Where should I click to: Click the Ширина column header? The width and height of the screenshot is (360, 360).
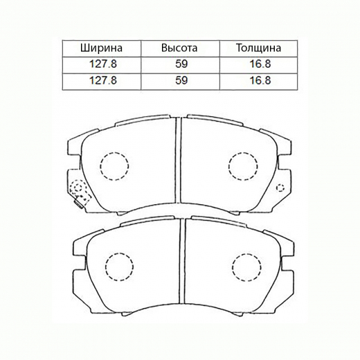(x=102, y=48)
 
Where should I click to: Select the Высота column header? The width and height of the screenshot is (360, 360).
(x=179, y=48)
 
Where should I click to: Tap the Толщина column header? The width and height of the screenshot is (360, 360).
(x=258, y=48)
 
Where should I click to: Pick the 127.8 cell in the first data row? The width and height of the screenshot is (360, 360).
(x=102, y=64)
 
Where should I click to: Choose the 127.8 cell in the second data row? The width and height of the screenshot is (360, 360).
(x=102, y=80)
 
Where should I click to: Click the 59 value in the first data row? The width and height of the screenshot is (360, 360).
(x=179, y=64)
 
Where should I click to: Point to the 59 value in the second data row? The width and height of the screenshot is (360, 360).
(x=179, y=80)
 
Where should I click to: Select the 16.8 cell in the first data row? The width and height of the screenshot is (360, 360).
(x=258, y=64)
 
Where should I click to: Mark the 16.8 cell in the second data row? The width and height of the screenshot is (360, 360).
(x=258, y=80)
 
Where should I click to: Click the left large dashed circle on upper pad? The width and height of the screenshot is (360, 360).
(x=115, y=165)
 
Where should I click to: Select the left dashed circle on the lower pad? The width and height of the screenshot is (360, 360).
(x=118, y=267)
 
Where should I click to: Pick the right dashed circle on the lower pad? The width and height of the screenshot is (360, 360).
(x=246, y=267)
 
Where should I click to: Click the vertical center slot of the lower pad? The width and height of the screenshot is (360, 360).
(x=182, y=262)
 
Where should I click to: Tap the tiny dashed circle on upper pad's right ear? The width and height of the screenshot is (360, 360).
(x=280, y=188)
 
